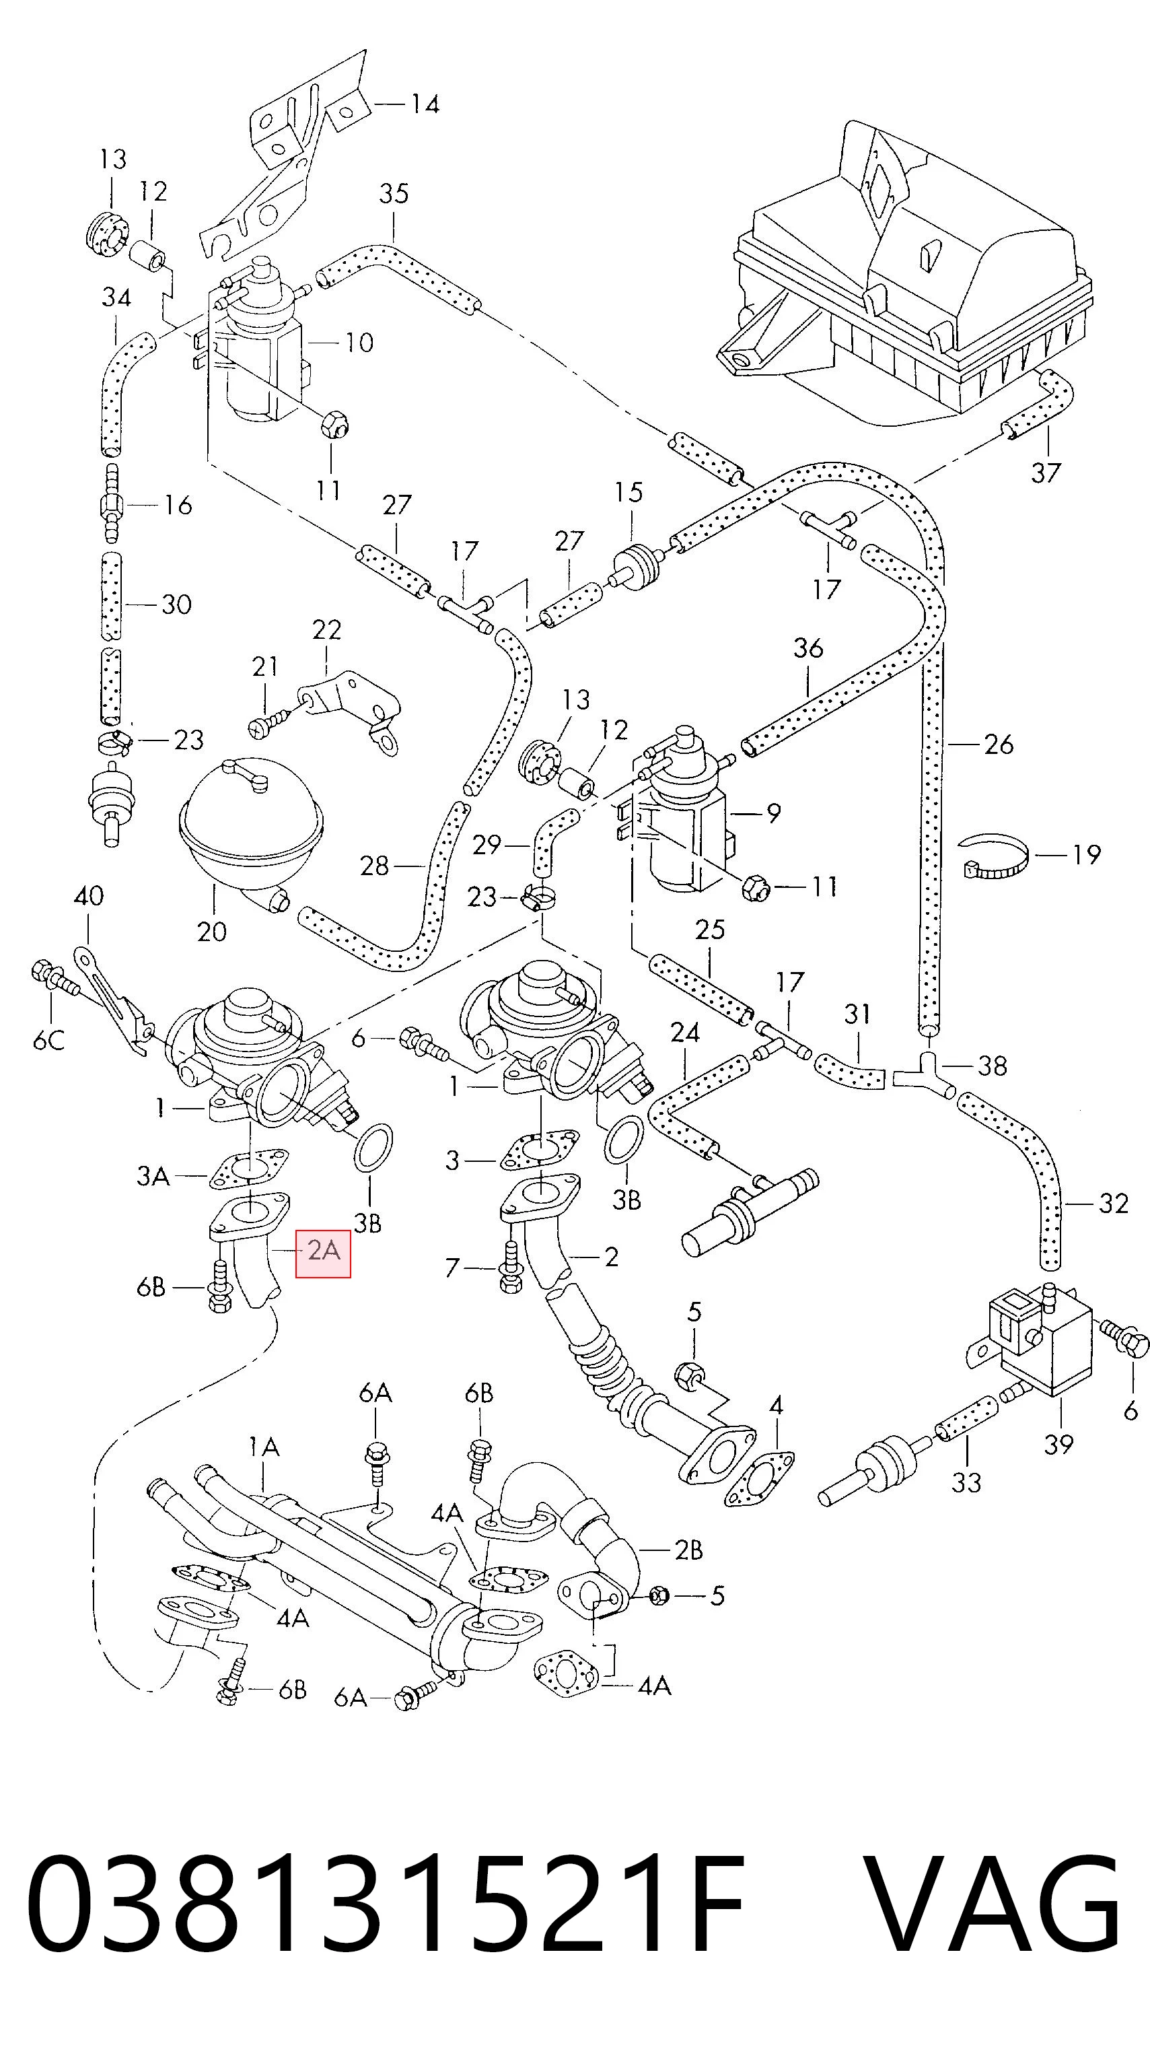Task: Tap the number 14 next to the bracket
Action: pyautogui.click(x=425, y=104)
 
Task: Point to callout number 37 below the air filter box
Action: pyautogui.click(x=1046, y=472)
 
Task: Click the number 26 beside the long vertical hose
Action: pyautogui.click(x=998, y=744)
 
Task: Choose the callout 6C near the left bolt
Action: pyautogui.click(x=48, y=1041)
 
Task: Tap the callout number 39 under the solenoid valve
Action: pyautogui.click(x=1059, y=1443)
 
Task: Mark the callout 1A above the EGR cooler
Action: pyautogui.click(x=264, y=1447)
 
